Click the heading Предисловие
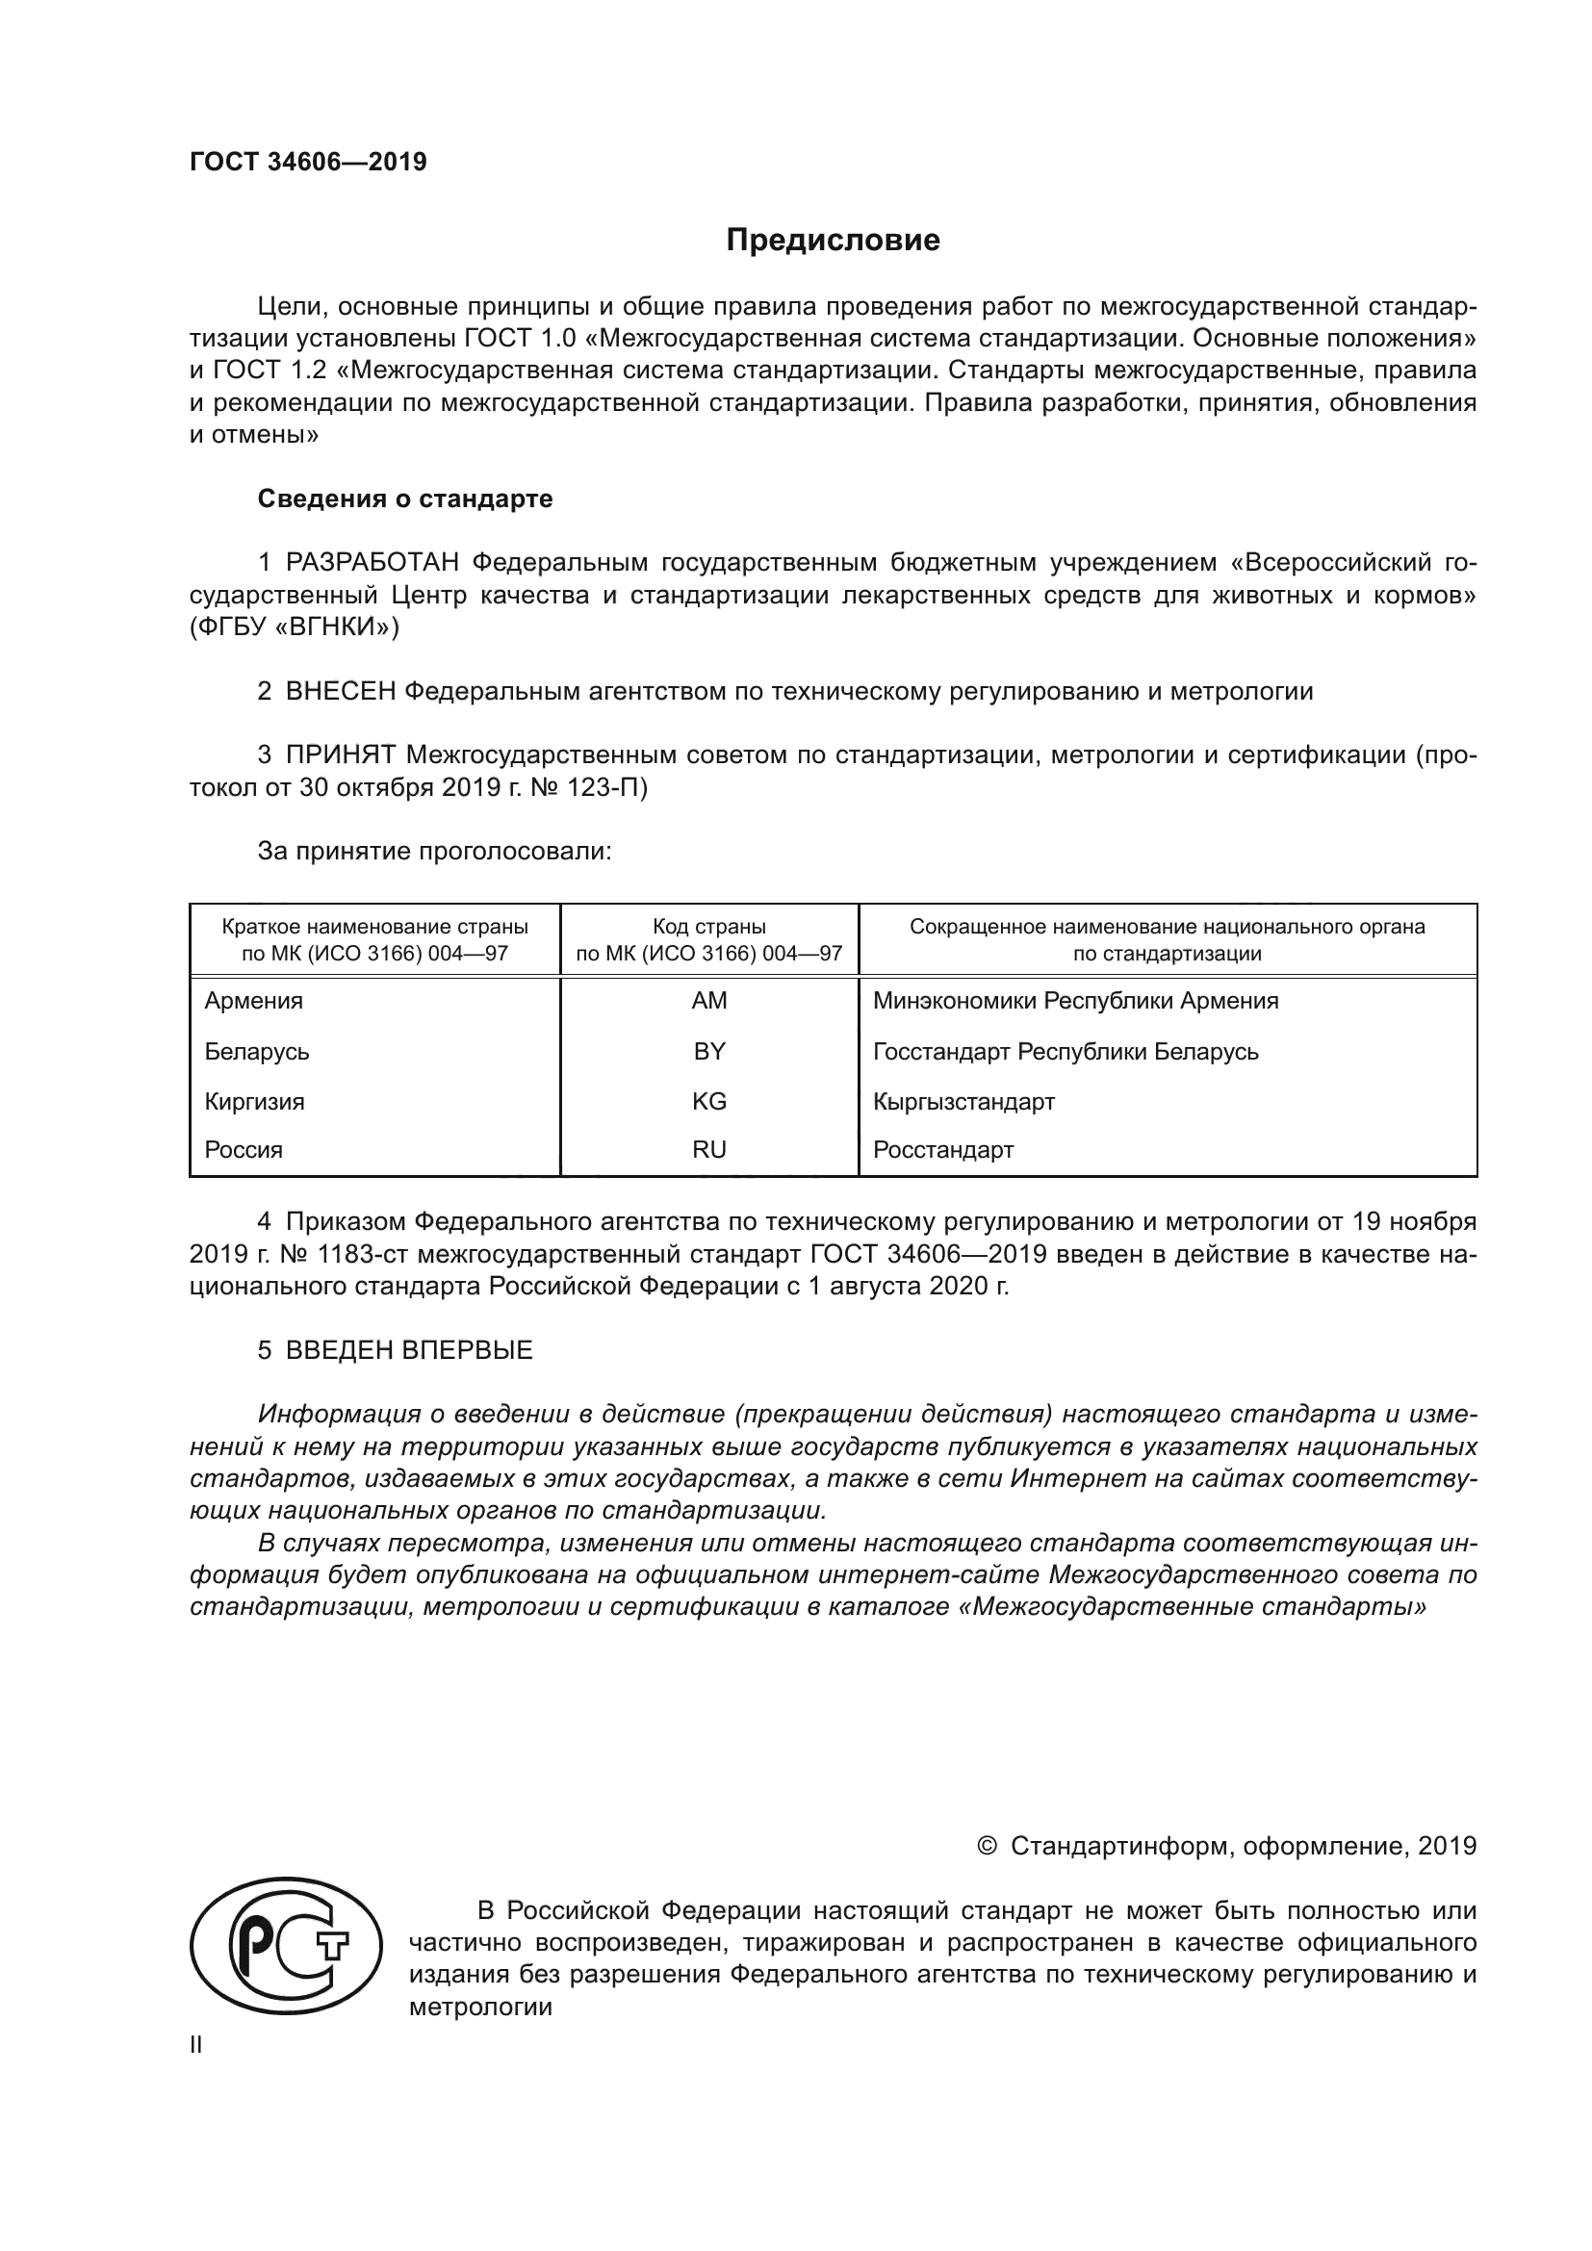tap(833, 241)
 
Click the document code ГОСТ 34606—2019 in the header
tap(308, 162)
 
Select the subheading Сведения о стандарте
tap(405, 499)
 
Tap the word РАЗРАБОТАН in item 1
tap(372, 563)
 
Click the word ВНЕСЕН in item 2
tap(340, 691)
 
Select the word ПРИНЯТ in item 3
tap(340, 755)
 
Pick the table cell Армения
tap(254, 1001)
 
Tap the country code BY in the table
tap(708, 1052)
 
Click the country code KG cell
tap(708, 1102)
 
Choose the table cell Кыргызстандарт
tap(963, 1102)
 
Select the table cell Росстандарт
tap(943, 1150)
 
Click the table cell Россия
tap(244, 1150)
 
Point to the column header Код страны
tap(708, 927)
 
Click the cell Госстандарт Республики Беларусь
tap(1066, 1052)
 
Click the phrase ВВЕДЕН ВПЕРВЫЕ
tap(409, 1350)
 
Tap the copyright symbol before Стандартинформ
tap(987, 1846)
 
